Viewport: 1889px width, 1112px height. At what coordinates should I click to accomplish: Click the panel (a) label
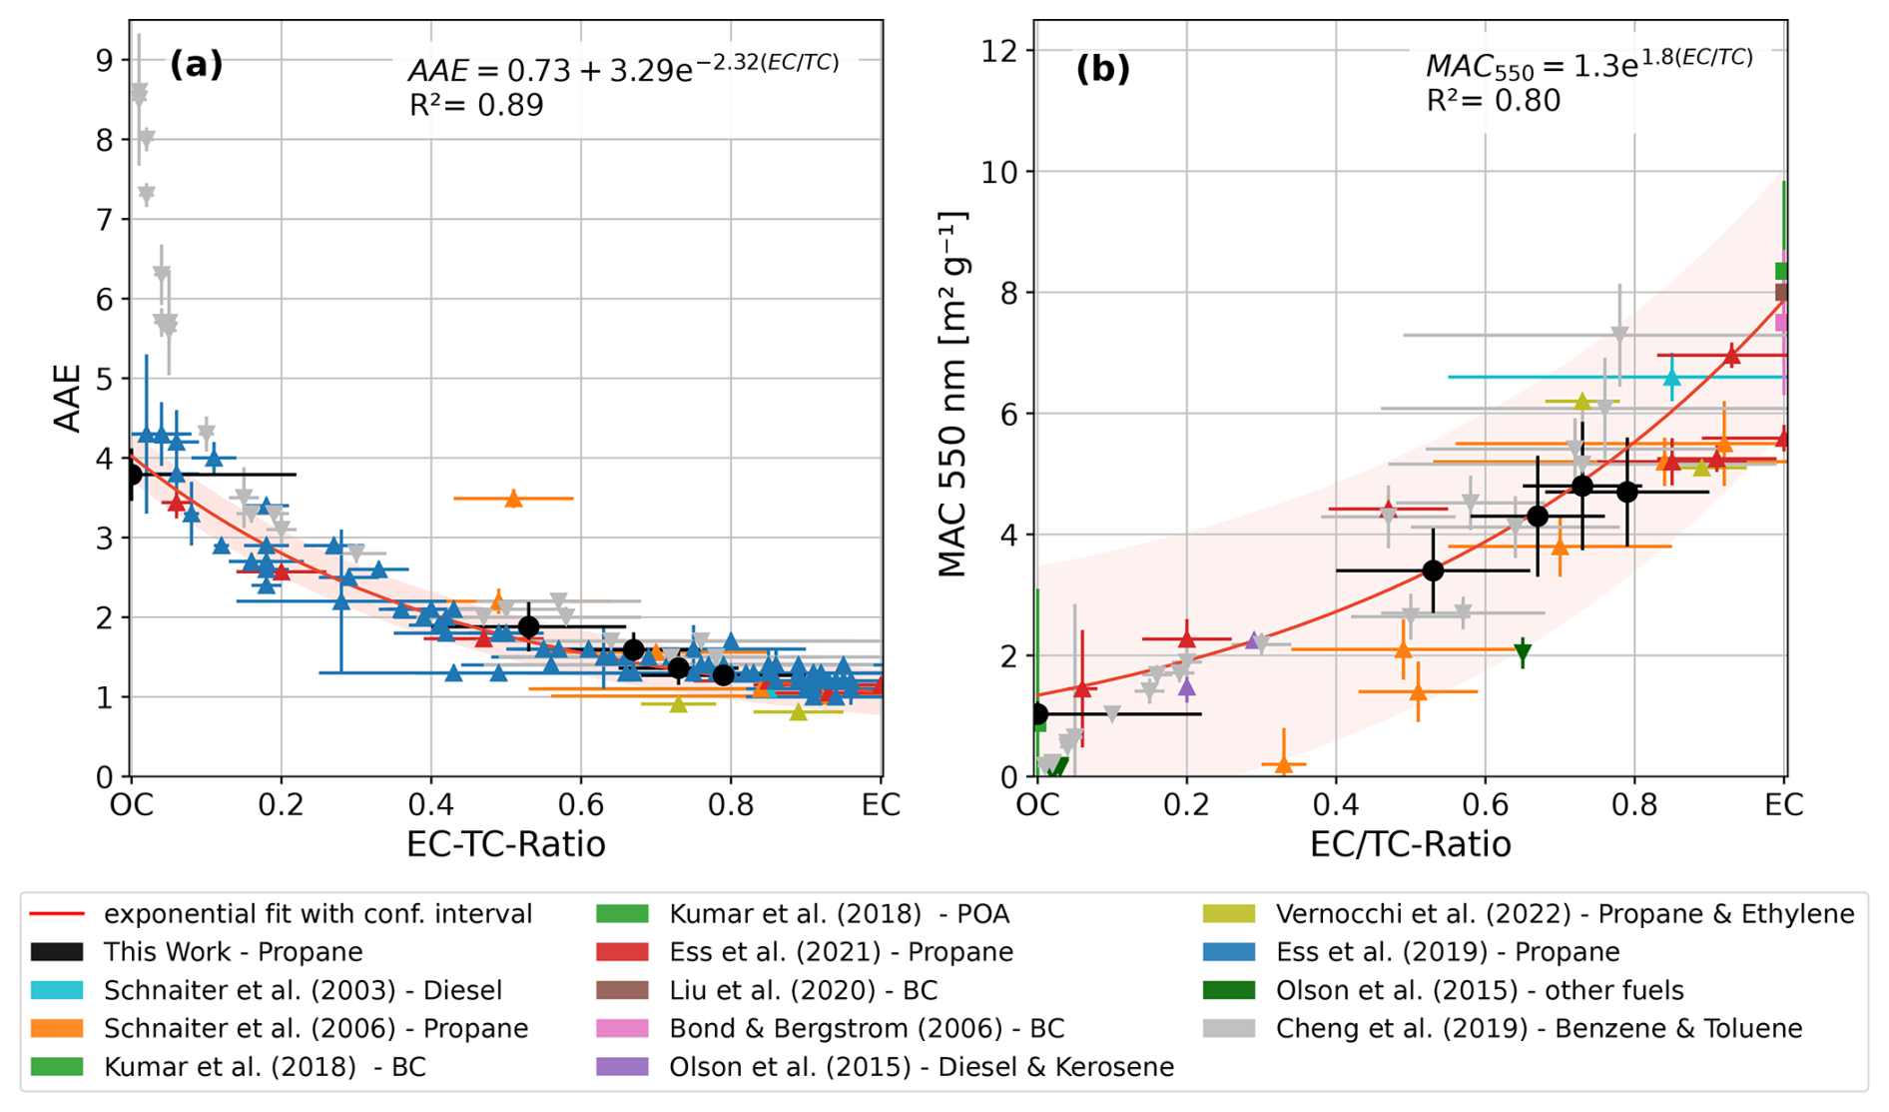click(x=196, y=65)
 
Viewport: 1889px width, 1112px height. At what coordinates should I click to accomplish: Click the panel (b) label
click(x=1102, y=69)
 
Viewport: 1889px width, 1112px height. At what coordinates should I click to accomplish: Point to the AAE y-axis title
click(x=67, y=398)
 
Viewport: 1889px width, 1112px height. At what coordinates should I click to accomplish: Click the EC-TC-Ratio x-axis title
click(x=505, y=844)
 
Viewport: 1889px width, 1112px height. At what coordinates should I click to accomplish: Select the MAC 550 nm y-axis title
click(x=952, y=395)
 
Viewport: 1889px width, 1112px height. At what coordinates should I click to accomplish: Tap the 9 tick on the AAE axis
click(x=105, y=61)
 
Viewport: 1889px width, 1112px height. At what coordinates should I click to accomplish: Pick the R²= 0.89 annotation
click(x=476, y=105)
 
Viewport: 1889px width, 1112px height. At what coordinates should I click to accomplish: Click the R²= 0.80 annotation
click(x=1493, y=101)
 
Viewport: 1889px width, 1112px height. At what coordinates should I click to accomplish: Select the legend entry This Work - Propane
click(x=233, y=952)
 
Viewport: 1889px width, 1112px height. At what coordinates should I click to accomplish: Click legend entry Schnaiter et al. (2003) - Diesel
click(x=303, y=990)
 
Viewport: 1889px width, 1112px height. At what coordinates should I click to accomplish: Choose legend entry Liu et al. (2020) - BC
click(x=803, y=990)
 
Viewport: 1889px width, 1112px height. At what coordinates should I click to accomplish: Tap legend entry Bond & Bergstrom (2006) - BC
click(x=866, y=1028)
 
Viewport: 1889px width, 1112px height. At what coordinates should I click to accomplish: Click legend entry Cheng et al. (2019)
click(x=1539, y=1028)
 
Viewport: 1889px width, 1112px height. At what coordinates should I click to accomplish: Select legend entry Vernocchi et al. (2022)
click(x=1564, y=914)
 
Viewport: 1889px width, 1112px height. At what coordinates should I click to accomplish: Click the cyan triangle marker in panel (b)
click(x=1672, y=377)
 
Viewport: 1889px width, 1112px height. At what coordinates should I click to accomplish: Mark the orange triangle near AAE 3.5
click(x=513, y=499)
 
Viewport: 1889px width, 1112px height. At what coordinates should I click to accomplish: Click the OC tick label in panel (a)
click(x=132, y=804)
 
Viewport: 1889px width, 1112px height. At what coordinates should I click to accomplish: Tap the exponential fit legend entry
click(x=317, y=914)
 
